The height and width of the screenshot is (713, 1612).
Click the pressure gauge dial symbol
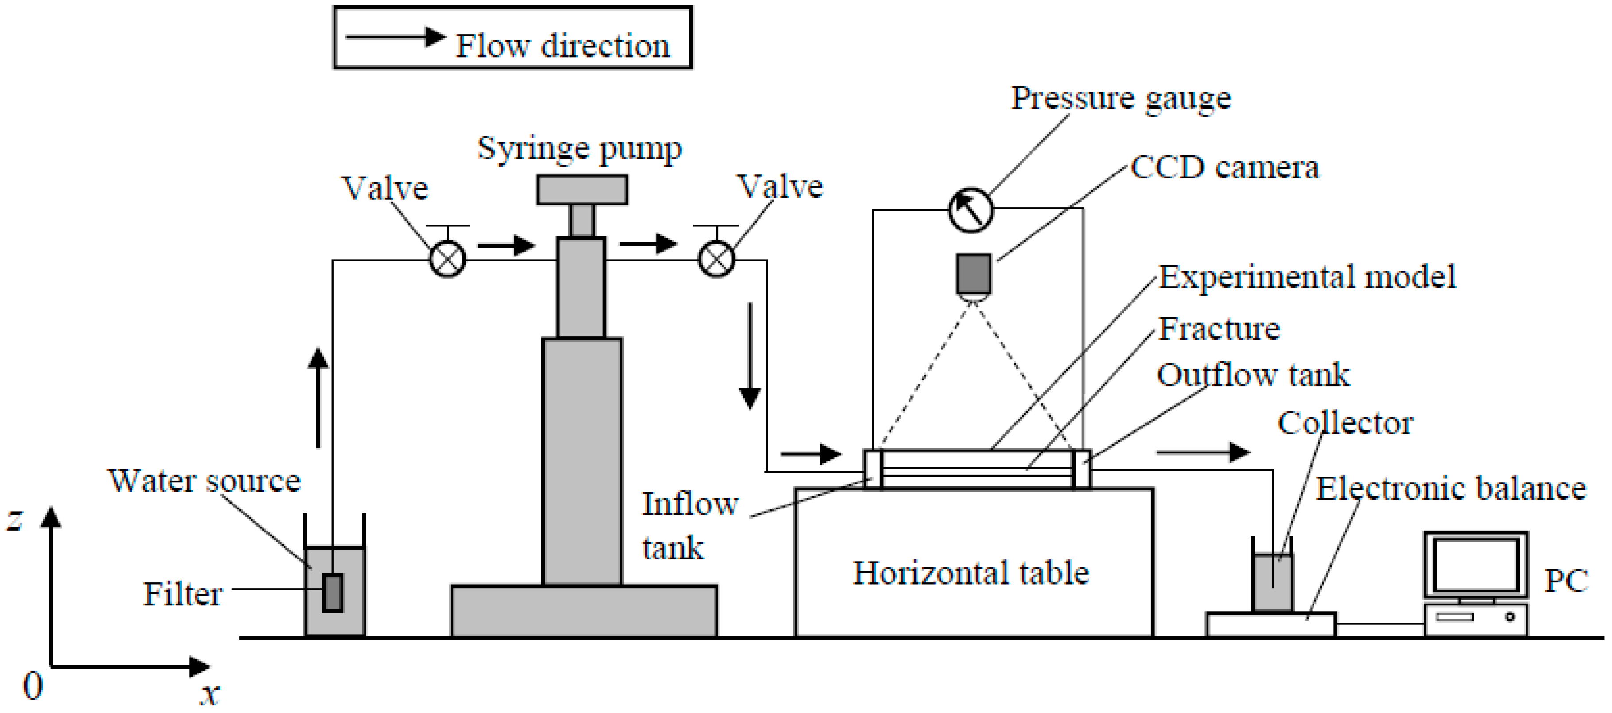tap(970, 211)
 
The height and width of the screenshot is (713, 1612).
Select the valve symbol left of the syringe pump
tap(447, 258)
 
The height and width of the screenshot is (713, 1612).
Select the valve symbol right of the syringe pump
tap(716, 258)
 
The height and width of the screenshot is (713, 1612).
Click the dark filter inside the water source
tap(332, 592)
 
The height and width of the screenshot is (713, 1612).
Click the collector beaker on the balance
tap(1272, 581)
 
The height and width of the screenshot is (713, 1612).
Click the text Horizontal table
tap(971, 573)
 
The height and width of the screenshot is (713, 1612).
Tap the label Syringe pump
tap(579, 149)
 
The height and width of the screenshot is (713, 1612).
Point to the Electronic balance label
tap(1451, 488)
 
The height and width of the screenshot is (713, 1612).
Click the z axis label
tap(15, 519)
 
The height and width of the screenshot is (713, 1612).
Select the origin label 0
tap(32, 686)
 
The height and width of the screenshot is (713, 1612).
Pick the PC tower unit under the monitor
tap(1476, 619)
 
